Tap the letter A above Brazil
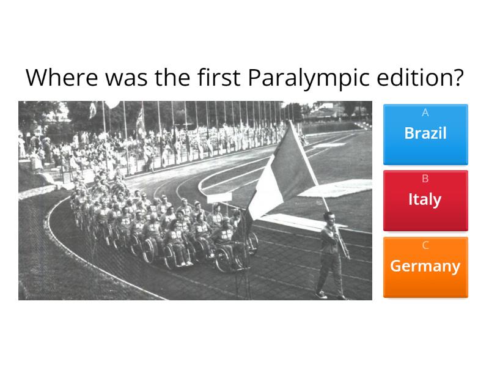(425, 113)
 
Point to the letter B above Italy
(425, 179)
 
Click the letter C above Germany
(425, 245)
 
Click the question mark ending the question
(457, 78)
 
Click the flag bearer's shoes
(321, 294)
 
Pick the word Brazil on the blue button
(425, 133)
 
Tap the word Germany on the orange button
(425, 266)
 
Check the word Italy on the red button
(425, 199)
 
